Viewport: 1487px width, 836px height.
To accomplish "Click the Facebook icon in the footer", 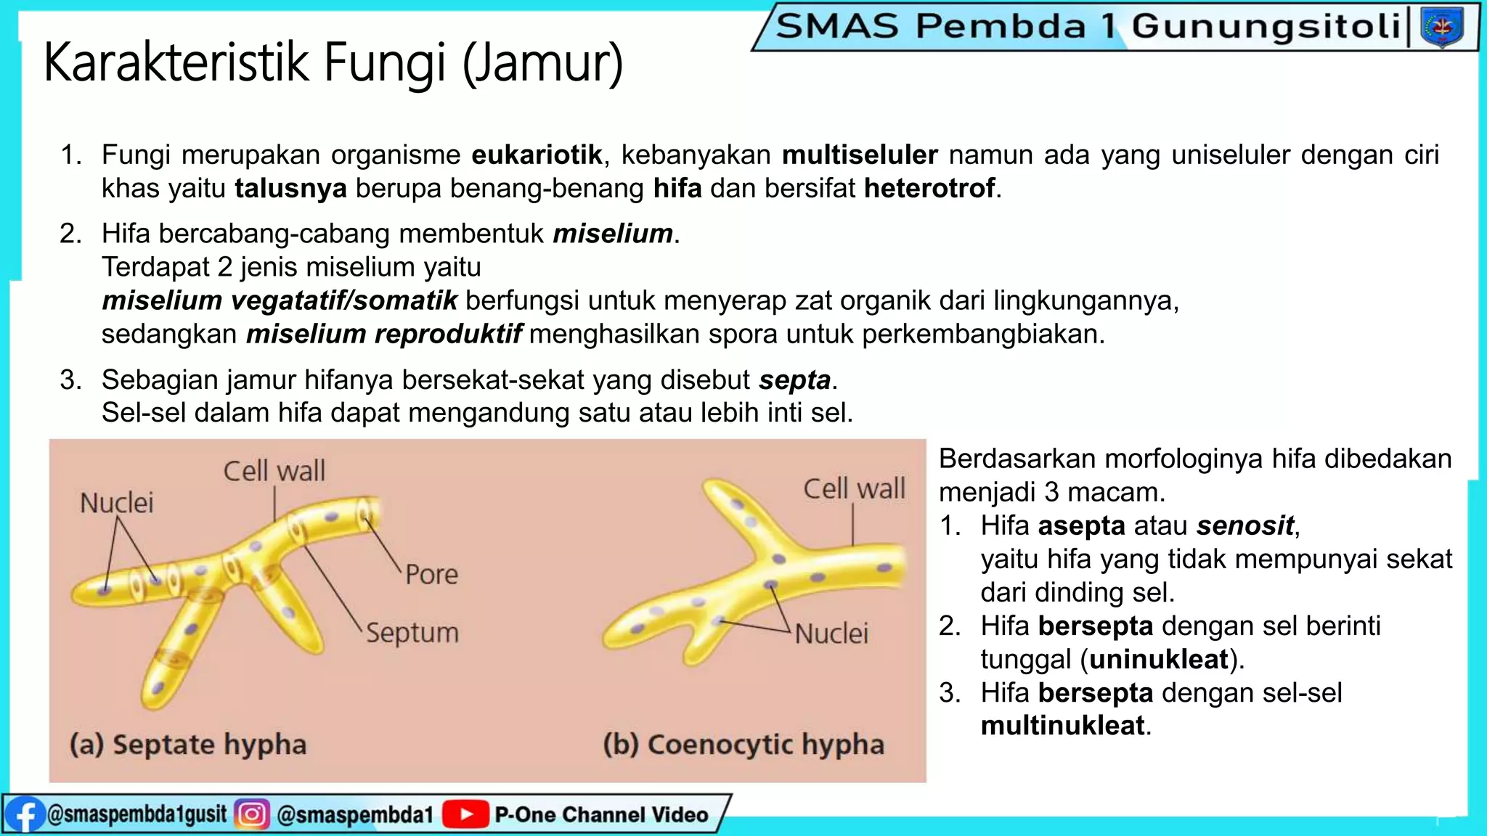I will [x=24, y=815].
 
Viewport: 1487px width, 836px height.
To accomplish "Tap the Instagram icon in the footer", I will [x=252, y=814].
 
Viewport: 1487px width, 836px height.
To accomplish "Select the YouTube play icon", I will [x=465, y=814].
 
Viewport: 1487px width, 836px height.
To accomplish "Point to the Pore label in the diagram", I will [x=431, y=574].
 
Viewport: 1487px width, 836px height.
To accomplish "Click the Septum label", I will [x=412, y=632].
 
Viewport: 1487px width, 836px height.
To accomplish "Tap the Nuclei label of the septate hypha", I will [x=116, y=503].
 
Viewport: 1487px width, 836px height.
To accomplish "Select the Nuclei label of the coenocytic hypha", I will [x=831, y=634].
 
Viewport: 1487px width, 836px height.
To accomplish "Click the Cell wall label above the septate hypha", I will [x=274, y=471].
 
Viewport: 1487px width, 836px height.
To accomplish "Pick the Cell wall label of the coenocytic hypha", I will [x=854, y=488].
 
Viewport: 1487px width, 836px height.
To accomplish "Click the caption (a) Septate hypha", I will [x=188, y=745].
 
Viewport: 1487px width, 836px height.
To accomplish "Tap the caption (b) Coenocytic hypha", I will [x=743, y=745].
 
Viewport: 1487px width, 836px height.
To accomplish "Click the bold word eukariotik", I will [x=537, y=155].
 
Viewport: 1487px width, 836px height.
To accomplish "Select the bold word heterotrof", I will [x=929, y=188].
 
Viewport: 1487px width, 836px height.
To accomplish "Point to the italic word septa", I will [x=794, y=380].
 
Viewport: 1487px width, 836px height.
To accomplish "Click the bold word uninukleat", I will [x=1159, y=659].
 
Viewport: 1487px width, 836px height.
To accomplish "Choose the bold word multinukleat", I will [x=1063, y=726].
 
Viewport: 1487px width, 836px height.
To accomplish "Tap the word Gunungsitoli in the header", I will [x=1266, y=26].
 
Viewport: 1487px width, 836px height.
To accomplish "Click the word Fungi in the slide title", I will [x=384, y=62].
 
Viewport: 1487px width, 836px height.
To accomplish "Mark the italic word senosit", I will [x=1245, y=525].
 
